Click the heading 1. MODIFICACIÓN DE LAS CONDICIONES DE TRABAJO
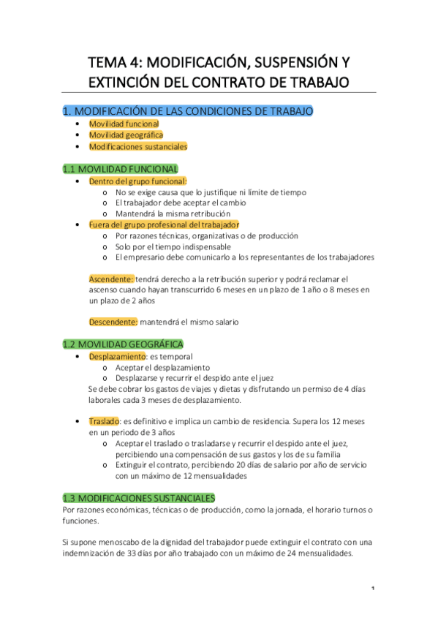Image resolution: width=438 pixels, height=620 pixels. (x=188, y=111)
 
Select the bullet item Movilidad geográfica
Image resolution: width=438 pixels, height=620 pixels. (x=126, y=135)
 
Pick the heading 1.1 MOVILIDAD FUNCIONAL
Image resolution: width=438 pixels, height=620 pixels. (x=120, y=168)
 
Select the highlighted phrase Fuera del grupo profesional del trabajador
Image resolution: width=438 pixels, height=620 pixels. (x=164, y=224)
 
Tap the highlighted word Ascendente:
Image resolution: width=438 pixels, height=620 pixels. (x=112, y=279)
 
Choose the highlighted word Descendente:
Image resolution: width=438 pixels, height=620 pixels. (x=113, y=322)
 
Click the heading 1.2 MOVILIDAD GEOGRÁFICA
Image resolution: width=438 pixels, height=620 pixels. (x=123, y=344)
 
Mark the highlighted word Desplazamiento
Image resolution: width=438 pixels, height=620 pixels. (x=116, y=356)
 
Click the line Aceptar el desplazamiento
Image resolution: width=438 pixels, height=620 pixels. (x=162, y=367)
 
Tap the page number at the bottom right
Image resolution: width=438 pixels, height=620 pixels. (x=373, y=589)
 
